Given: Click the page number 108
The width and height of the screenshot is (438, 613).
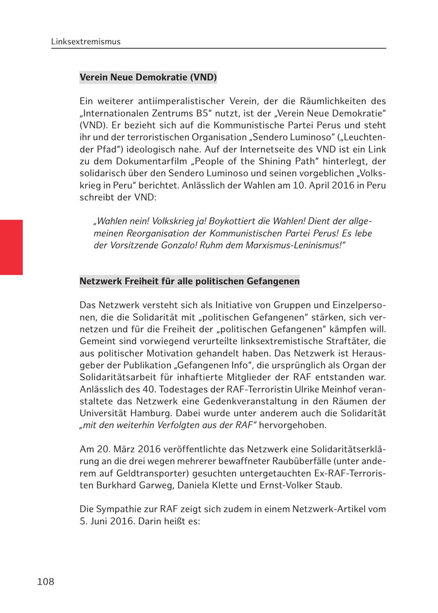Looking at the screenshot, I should click(x=46, y=581).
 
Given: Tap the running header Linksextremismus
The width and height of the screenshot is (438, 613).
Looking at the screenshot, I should click(x=86, y=42).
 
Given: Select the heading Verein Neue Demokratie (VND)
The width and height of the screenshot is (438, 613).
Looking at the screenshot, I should click(x=148, y=77).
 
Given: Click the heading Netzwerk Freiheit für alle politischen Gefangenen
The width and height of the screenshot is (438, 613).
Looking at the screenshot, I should click(x=189, y=281).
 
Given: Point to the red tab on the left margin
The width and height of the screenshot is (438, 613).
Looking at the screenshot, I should click(x=11, y=247).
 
